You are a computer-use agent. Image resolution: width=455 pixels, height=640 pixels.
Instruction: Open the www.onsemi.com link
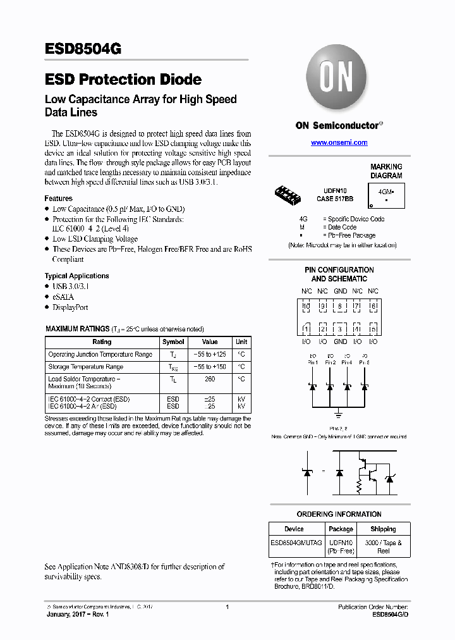point(339,143)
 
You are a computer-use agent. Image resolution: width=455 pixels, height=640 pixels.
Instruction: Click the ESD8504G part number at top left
point(83,49)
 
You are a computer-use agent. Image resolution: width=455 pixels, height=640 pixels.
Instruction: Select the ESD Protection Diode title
point(123,80)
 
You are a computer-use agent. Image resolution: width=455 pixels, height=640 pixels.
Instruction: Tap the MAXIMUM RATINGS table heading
point(77,329)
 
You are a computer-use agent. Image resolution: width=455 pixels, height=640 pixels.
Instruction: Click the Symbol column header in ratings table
point(173,342)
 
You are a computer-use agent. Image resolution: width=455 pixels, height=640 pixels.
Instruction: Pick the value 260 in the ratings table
point(210,379)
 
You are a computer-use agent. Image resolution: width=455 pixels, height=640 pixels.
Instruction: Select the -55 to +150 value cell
point(209,367)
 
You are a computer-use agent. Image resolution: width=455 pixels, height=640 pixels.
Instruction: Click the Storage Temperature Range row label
point(85,367)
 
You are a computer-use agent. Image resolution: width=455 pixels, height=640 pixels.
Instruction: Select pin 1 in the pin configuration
point(306,329)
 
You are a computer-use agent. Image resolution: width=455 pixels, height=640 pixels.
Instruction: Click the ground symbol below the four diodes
point(339,415)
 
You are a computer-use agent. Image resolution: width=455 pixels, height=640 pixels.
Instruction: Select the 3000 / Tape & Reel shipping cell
point(383,546)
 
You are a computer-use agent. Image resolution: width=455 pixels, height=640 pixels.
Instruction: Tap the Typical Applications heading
point(76,276)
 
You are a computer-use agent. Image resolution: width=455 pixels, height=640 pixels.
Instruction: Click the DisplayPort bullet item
point(70,307)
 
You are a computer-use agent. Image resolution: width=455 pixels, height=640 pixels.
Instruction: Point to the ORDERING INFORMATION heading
point(339,514)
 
